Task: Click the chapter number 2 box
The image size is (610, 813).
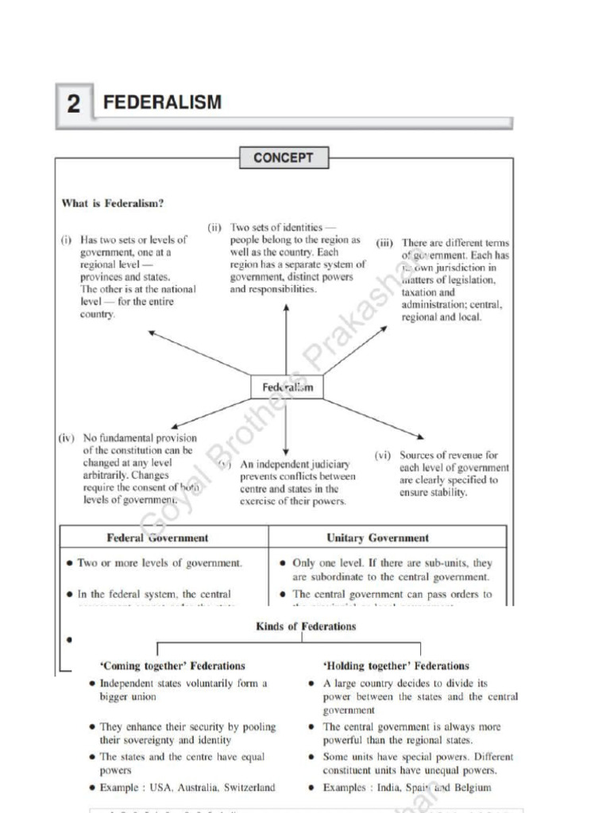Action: pos(74,104)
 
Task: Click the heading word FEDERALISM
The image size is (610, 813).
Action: pos(163,102)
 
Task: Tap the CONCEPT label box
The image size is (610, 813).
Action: pos(284,158)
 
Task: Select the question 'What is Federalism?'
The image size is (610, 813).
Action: pos(113,203)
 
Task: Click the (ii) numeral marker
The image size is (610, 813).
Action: pos(214,227)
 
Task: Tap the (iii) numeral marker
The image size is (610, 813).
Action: pos(385,243)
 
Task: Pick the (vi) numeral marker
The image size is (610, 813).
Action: pos(384,456)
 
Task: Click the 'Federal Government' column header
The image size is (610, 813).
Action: pos(157,538)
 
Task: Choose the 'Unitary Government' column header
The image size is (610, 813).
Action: pos(377,538)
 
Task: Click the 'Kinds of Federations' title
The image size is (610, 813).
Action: pos(306,626)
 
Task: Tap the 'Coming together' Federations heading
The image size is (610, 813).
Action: pos(173,666)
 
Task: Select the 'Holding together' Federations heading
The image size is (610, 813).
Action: pos(396,666)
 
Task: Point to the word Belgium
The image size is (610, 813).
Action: pos(472,788)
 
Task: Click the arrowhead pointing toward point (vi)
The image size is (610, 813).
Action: pos(420,436)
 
